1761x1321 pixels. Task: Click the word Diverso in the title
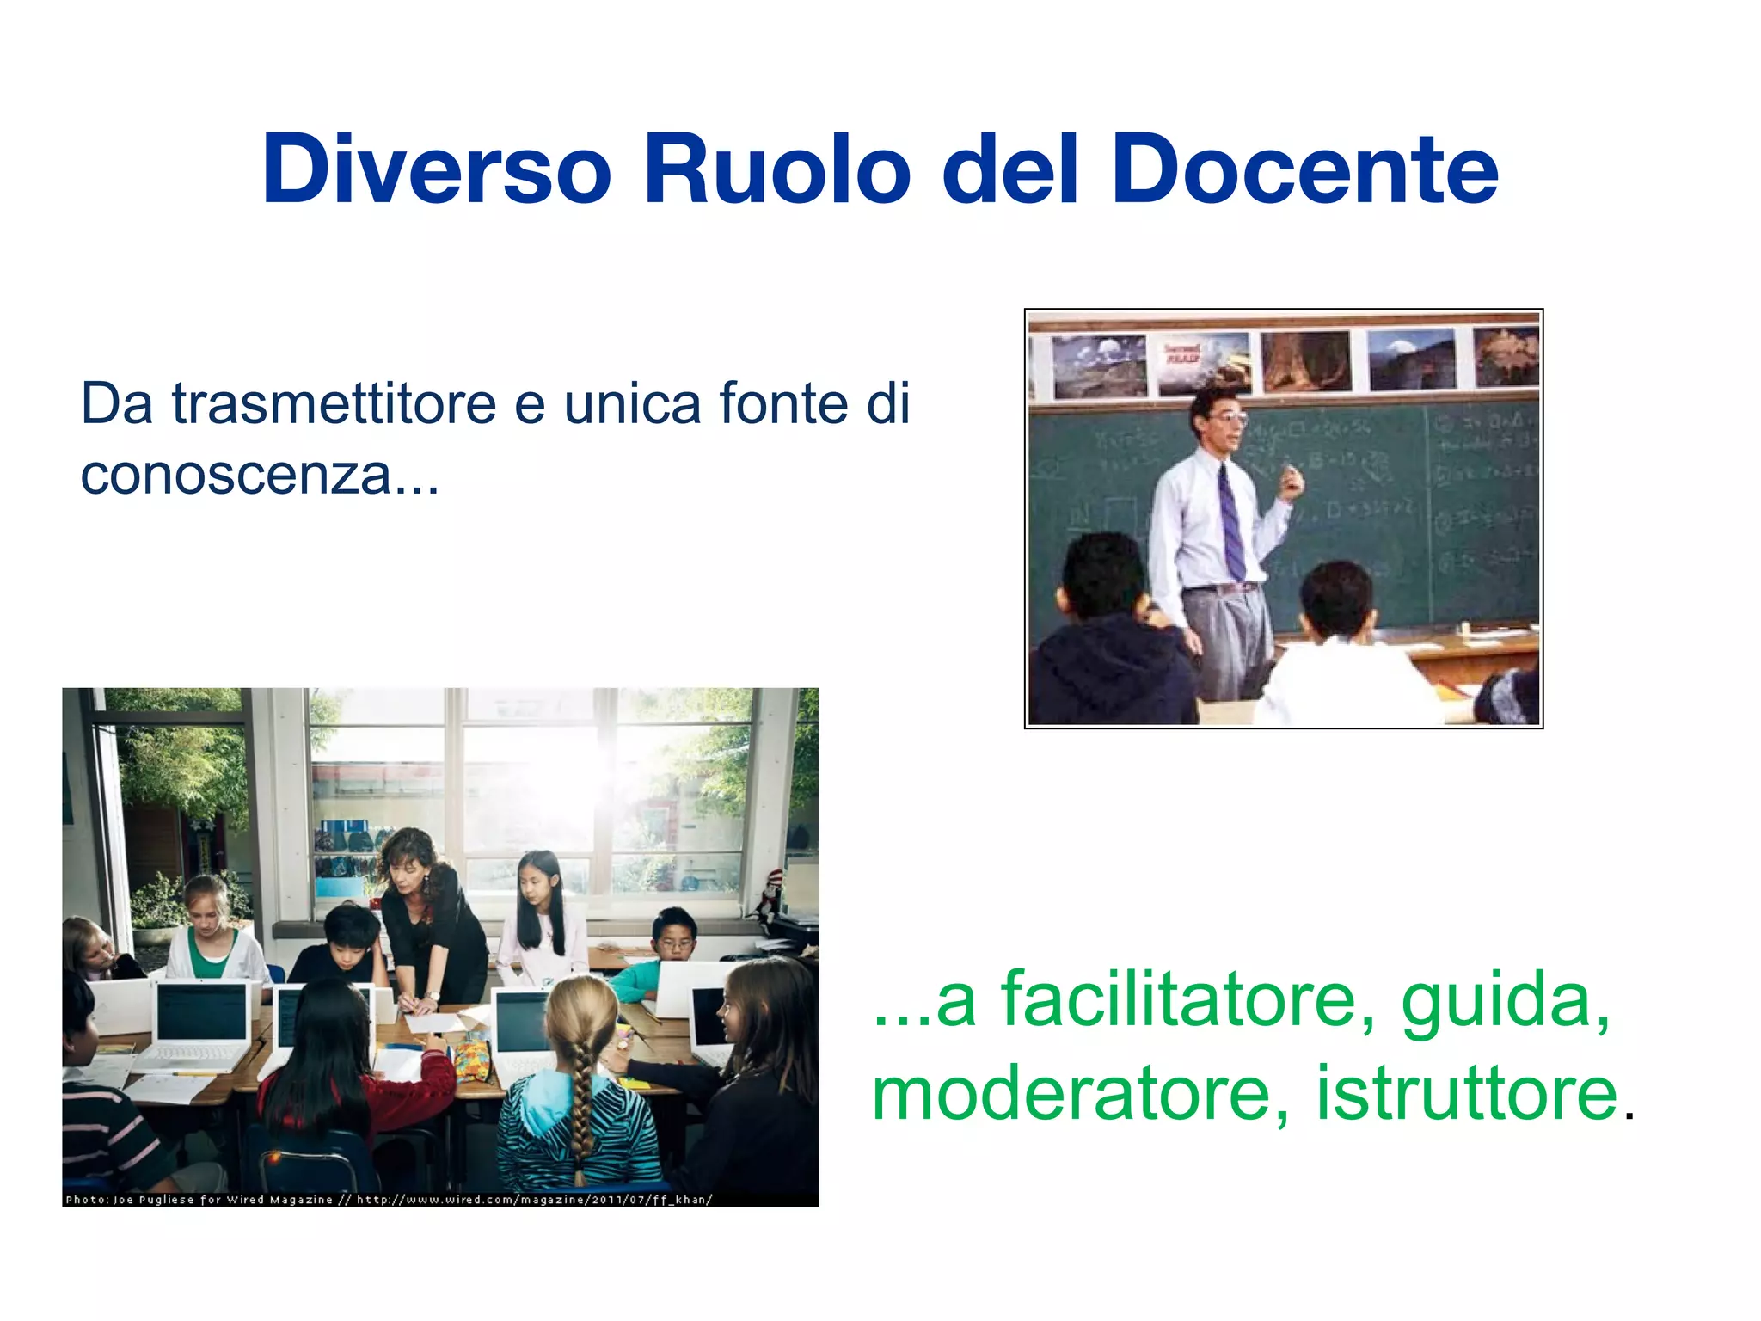(437, 170)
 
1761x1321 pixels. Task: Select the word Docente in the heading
(1304, 170)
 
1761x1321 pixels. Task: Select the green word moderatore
(1071, 1094)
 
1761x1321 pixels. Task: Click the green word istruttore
(1467, 1094)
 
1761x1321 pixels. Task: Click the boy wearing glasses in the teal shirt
(672, 946)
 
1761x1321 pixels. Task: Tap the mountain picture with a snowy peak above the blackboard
(1410, 359)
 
